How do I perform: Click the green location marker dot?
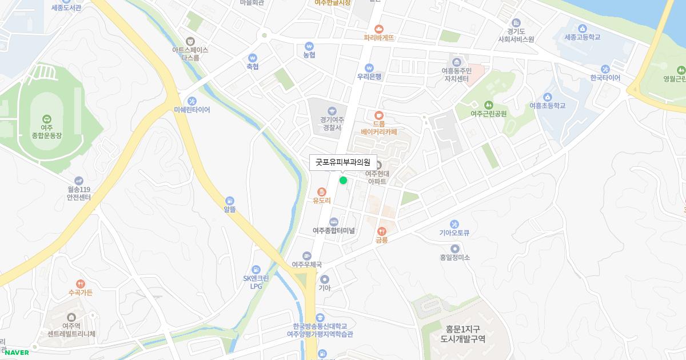point(343,181)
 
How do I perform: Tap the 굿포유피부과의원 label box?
point(343,162)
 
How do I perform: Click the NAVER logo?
point(17,353)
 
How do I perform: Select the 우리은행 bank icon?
point(369,67)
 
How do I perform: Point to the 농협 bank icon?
point(309,46)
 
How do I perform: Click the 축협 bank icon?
point(252,58)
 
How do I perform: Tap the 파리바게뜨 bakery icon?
point(378,29)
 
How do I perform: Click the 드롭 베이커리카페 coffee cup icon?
point(378,115)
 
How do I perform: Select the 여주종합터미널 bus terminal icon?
point(334,222)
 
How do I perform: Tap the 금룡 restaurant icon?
point(381,231)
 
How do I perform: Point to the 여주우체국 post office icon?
point(307,255)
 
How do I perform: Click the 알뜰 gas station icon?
point(229,201)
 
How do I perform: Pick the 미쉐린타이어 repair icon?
point(192,101)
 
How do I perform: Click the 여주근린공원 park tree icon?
point(488,105)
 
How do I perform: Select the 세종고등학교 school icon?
point(582,29)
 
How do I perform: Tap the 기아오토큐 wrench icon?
point(454,224)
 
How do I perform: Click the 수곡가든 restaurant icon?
point(80,283)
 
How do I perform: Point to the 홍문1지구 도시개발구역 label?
point(462,334)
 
